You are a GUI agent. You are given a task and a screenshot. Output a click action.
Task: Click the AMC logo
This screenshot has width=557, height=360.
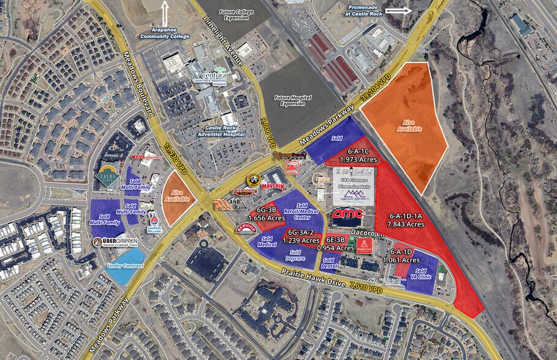pos(347,214)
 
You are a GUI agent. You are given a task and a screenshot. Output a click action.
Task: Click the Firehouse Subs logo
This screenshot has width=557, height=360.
pos(244,192)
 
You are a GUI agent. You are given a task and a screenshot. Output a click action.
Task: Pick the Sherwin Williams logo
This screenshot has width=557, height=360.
pos(154,222)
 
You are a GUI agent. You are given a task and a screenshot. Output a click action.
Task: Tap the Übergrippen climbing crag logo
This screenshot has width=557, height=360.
pos(115,242)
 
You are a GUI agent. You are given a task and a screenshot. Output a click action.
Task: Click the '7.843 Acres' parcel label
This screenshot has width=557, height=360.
pos(407,224)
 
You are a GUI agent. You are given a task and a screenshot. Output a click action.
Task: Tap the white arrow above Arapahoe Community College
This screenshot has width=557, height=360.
pos(164,12)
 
